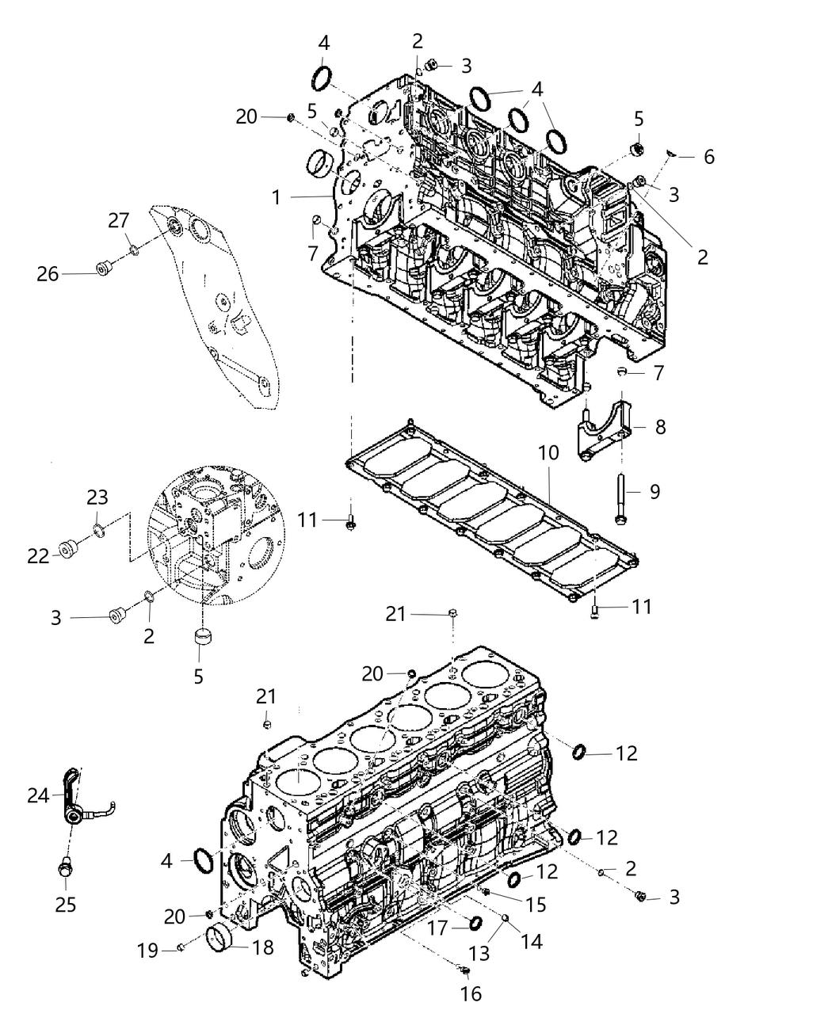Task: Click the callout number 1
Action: (x=276, y=196)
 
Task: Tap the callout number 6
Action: (x=708, y=157)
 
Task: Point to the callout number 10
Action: (x=548, y=454)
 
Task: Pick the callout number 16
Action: (x=471, y=993)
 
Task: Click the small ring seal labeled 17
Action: (x=476, y=924)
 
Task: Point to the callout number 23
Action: (x=97, y=497)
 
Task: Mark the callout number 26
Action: (x=48, y=274)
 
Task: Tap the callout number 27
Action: (x=119, y=221)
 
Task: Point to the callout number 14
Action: (x=530, y=940)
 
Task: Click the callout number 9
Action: (x=655, y=492)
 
